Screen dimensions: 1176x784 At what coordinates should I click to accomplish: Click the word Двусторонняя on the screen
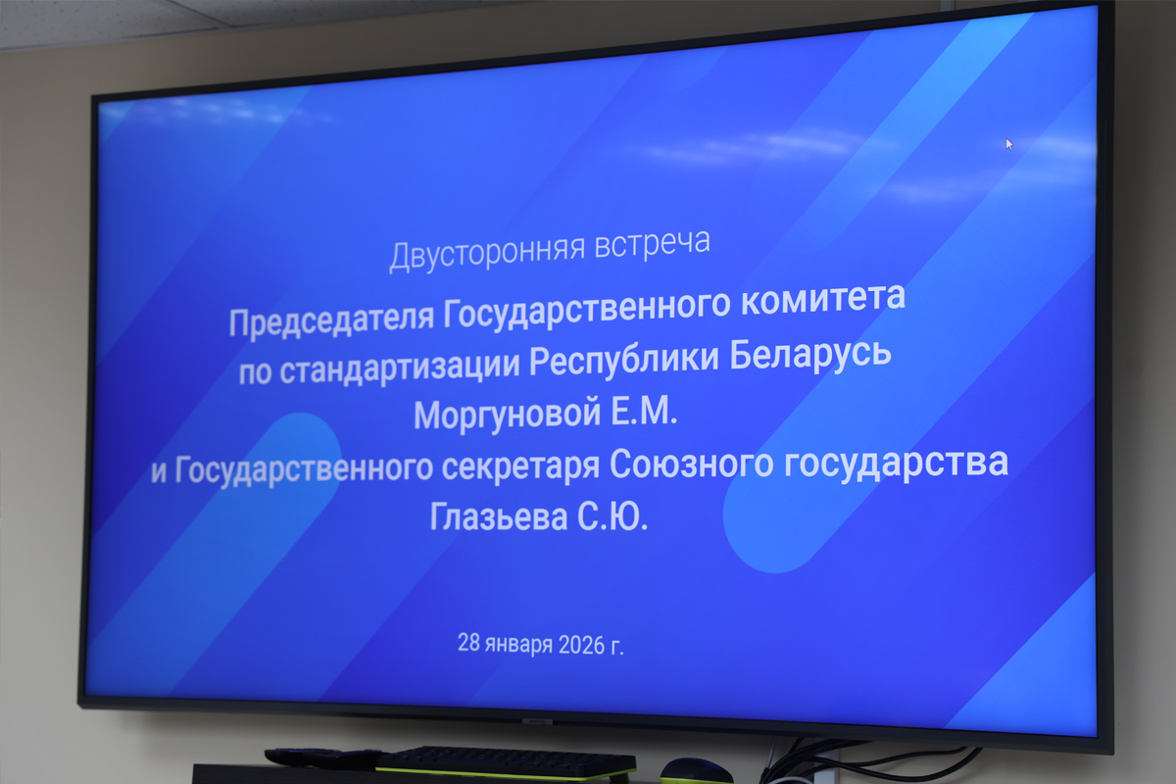(x=487, y=253)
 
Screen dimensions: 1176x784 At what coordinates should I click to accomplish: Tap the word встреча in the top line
(x=653, y=243)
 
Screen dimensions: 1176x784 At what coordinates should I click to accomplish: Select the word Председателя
(x=332, y=319)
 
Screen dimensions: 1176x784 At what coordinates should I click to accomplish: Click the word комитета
(x=823, y=299)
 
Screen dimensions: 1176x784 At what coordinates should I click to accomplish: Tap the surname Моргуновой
(x=508, y=415)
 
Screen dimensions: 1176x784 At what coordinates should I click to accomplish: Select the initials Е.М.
(x=644, y=411)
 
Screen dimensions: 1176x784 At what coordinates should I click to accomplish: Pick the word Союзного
(x=691, y=464)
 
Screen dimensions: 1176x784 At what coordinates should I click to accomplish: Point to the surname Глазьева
(x=499, y=516)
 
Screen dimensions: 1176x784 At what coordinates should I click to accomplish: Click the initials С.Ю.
(x=612, y=516)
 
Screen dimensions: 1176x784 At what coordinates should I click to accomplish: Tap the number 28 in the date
(x=468, y=642)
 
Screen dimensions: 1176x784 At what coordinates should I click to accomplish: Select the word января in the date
(x=518, y=644)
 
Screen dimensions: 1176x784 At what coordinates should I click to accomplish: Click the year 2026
(x=582, y=646)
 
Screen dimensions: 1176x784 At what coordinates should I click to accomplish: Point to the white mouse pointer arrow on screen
(x=1008, y=144)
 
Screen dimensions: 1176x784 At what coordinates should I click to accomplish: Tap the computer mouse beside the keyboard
(x=696, y=771)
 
